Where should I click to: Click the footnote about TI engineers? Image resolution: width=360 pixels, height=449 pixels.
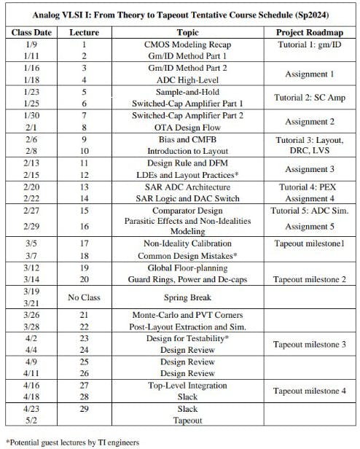(x=72, y=442)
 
